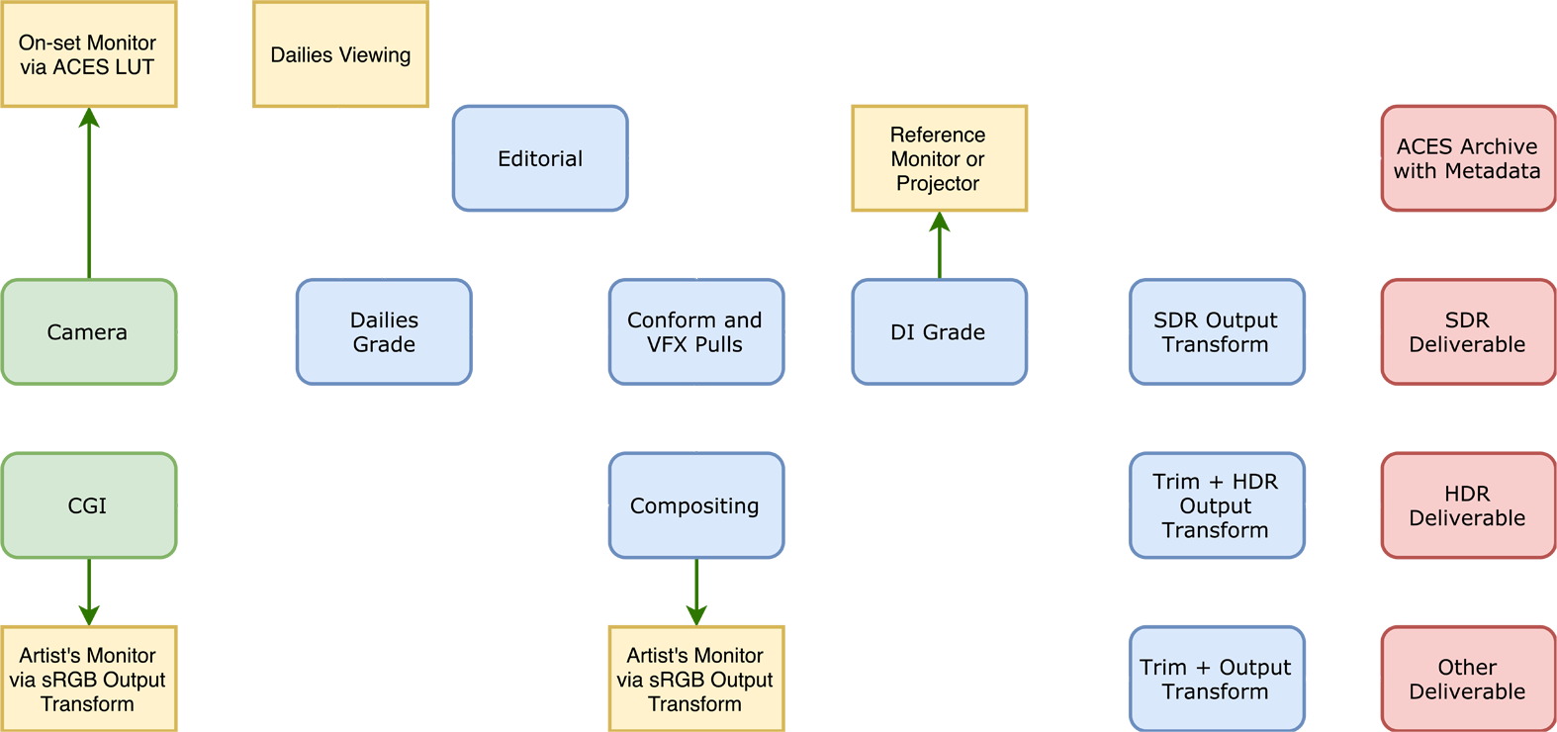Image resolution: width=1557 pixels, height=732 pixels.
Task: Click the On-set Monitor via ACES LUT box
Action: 88,54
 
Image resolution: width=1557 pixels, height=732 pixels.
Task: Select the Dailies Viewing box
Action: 340,54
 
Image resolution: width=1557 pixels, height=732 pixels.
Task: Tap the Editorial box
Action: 540,158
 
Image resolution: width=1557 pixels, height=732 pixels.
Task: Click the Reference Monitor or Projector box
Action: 939,158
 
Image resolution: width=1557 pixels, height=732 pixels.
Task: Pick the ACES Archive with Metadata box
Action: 1467,158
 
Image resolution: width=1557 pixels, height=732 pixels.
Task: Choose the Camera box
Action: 88,331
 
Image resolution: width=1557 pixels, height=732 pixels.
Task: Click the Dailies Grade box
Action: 384,331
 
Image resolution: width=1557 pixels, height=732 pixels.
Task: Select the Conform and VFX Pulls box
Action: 695,331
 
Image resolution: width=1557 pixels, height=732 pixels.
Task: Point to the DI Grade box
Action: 939,331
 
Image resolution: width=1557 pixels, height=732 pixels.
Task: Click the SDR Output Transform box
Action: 1216,331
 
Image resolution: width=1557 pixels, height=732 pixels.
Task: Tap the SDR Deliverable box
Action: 1467,331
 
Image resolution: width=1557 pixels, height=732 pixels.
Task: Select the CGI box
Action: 88,504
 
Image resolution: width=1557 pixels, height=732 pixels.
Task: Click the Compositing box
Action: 695,504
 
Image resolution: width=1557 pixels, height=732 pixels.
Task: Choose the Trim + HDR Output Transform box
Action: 1216,504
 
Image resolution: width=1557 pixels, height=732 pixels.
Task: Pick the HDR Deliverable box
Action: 1467,504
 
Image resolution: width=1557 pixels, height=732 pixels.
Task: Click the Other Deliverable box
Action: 1467,679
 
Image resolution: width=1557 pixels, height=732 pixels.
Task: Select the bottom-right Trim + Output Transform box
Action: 1216,679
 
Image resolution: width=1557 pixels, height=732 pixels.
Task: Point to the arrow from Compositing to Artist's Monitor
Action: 696,592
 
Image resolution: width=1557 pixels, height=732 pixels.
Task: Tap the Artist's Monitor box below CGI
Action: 88,679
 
